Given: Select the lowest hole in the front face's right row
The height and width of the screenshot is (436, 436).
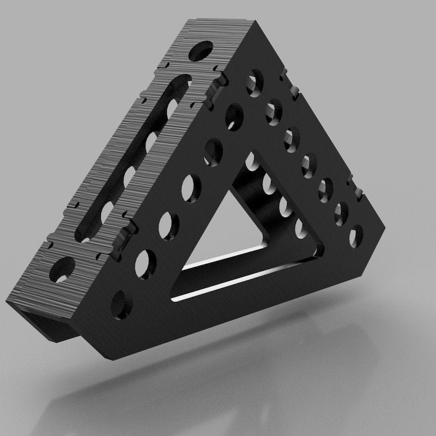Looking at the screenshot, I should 355,235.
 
